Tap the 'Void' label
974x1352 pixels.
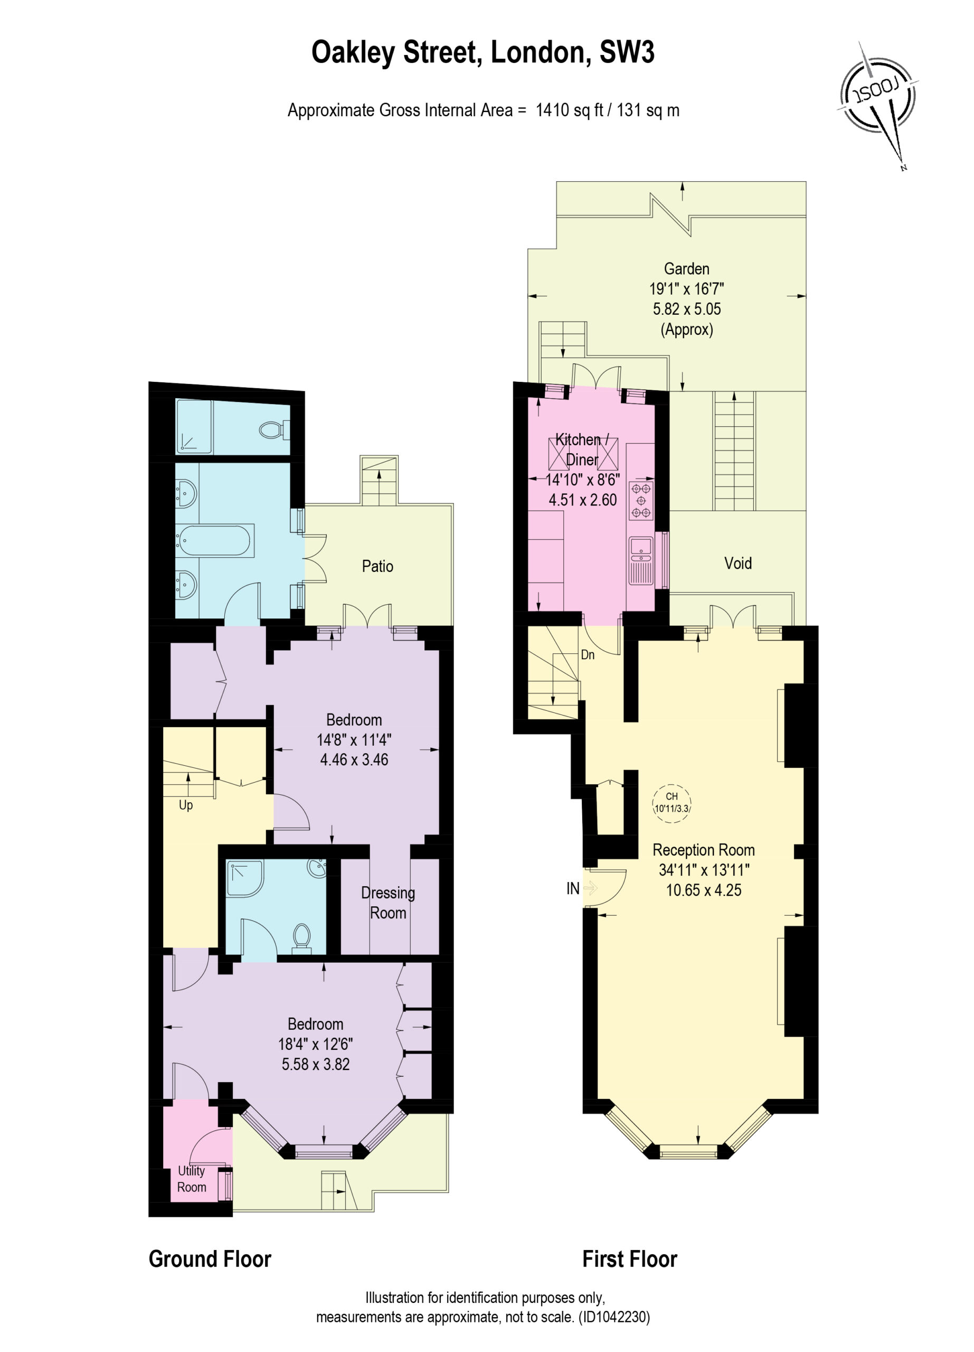[x=737, y=564]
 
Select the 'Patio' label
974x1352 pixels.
[x=377, y=566]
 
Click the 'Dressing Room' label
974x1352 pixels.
[x=388, y=903]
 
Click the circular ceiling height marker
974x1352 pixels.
[x=672, y=803]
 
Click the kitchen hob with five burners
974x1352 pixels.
[x=641, y=500]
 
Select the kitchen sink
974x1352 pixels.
[x=641, y=559]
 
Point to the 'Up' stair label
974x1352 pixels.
[x=186, y=805]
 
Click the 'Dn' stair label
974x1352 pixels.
[x=588, y=654]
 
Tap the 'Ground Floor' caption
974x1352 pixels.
[x=210, y=1259]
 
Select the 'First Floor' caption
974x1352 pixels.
[x=630, y=1259]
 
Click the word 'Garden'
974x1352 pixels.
[x=686, y=269]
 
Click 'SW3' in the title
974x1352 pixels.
[x=627, y=52]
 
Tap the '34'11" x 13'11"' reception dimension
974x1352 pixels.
[x=704, y=870]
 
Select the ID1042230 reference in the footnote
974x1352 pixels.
[x=614, y=1316]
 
